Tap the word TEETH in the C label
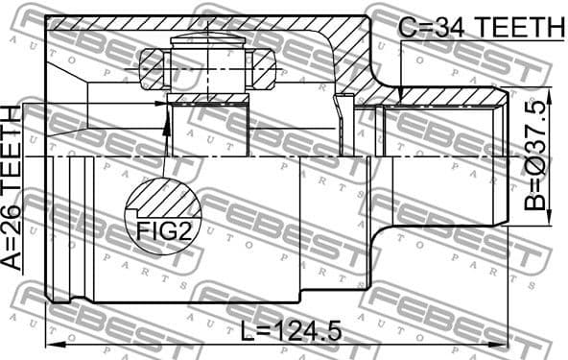pos(518,28)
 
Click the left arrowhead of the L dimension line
pos(49,343)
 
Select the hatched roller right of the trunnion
pos(262,69)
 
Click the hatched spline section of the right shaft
pos(451,96)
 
